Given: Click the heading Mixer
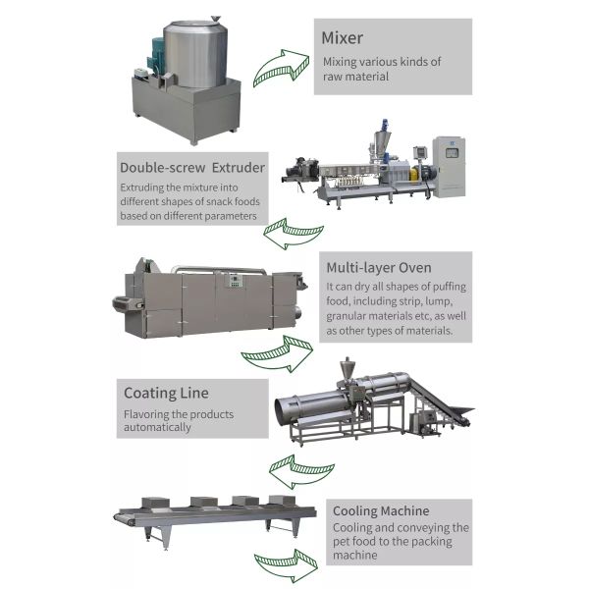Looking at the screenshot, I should click(x=343, y=38).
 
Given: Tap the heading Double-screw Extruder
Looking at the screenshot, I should click(x=191, y=167).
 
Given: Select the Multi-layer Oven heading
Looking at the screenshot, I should click(x=378, y=266).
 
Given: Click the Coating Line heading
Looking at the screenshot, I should click(x=166, y=393).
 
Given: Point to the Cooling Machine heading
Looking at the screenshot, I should click(x=380, y=510).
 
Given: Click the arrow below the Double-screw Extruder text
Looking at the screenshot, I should click(x=291, y=236).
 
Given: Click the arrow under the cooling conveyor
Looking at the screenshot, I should click(x=284, y=566).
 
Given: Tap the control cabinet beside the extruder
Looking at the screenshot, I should click(x=449, y=165).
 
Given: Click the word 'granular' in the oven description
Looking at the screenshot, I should click(x=351, y=317).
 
